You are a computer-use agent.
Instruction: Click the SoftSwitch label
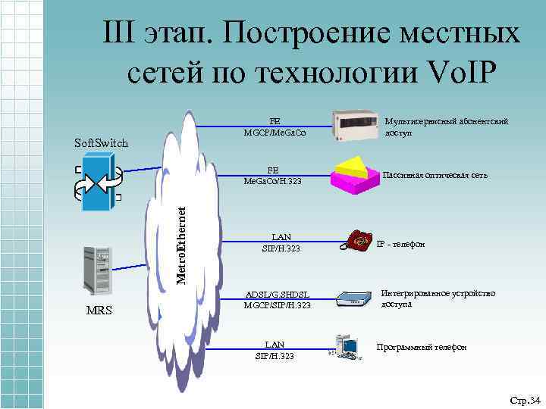pyautogui.click(x=101, y=143)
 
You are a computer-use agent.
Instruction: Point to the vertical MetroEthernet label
pyautogui.click(x=181, y=247)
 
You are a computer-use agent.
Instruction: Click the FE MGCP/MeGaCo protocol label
pyautogui.click(x=275, y=128)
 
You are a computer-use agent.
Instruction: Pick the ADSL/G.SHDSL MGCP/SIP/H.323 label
pyautogui.click(x=277, y=300)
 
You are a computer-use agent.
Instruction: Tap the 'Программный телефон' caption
pyautogui.click(x=422, y=347)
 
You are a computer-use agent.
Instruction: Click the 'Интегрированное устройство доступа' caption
pyautogui.click(x=427, y=298)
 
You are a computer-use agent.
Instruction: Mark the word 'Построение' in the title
pyautogui.click(x=312, y=34)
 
